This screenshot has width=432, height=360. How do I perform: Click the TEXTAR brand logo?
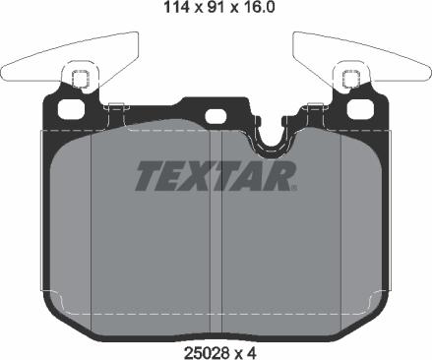(x=213, y=176)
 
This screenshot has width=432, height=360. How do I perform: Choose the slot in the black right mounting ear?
(x=348, y=92)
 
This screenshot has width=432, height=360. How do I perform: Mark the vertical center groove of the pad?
(x=216, y=236)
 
